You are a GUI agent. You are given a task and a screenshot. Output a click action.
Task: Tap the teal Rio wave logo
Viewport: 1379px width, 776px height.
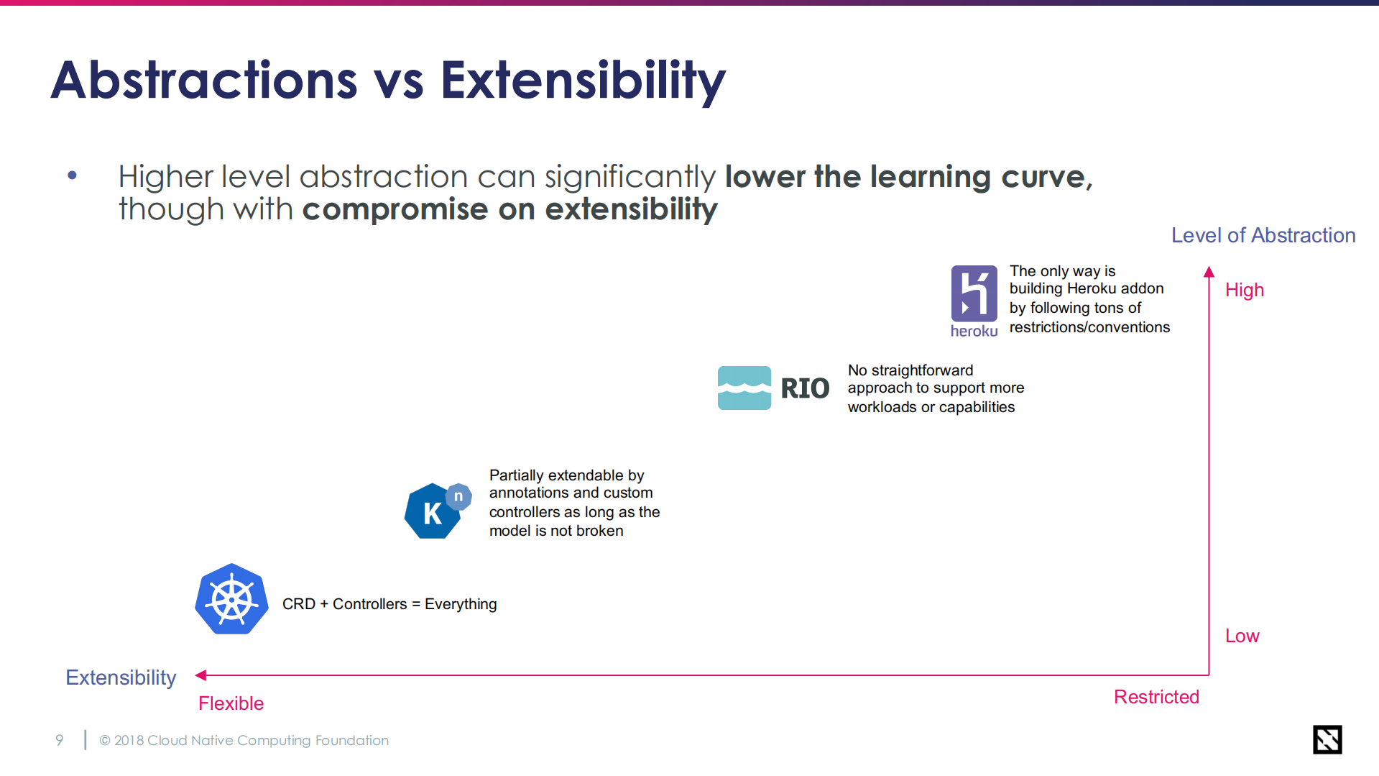[x=744, y=388]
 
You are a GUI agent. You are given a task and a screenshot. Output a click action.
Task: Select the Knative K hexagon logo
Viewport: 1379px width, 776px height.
[x=433, y=511]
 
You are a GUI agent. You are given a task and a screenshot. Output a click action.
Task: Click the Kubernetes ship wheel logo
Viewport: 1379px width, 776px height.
[x=231, y=599]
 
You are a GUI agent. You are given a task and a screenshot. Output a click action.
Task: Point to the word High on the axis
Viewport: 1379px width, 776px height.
[x=1245, y=290]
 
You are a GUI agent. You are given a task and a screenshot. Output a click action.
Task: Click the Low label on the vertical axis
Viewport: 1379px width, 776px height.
[x=1242, y=636]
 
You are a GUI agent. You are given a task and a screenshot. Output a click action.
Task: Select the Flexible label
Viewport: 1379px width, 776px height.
[x=231, y=703]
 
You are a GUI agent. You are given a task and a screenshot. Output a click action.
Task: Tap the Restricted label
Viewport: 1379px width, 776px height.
[x=1156, y=697]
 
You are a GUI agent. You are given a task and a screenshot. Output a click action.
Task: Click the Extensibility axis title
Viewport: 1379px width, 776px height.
[x=121, y=677]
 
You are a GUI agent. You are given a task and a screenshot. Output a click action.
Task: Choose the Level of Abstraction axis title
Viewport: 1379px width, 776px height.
[x=1263, y=235]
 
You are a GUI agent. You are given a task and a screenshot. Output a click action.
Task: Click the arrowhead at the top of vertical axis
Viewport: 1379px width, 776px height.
[x=1209, y=271]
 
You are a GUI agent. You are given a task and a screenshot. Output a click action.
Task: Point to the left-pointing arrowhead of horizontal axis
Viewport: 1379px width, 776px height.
[x=200, y=675]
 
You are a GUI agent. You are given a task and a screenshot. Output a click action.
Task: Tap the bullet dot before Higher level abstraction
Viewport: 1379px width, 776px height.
[x=72, y=175]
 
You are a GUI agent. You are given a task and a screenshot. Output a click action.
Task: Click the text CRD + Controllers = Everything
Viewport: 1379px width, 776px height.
[x=389, y=604]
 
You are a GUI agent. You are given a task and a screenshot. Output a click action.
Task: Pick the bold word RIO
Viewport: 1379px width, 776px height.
[x=805, y=388]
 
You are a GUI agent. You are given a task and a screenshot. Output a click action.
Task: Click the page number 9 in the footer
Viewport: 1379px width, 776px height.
[x=60, y=740]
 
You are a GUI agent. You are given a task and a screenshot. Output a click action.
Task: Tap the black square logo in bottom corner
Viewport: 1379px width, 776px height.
[x=1327, y=739]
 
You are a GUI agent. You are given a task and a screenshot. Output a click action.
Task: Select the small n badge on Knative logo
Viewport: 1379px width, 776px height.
[x=458, y=496]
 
